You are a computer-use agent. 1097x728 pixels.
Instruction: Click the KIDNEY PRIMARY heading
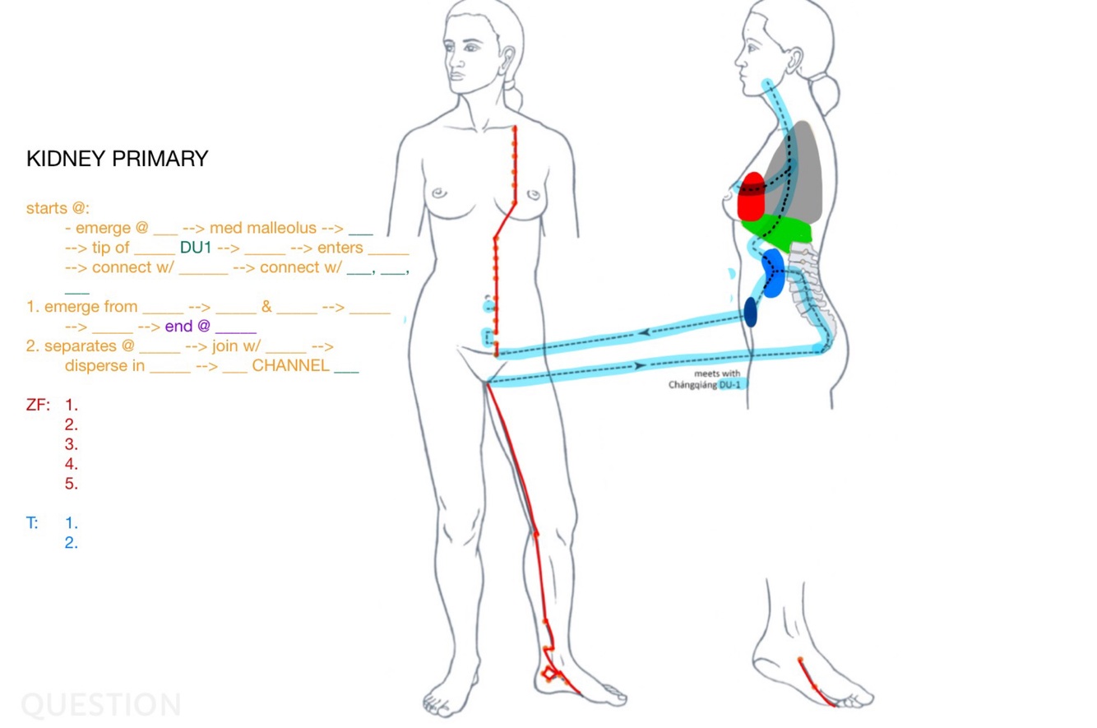(x=117, y=160)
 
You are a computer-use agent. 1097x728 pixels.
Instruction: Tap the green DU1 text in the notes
(x=196, y=248)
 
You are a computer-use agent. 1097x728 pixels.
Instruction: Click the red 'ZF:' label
(x=38, y=405)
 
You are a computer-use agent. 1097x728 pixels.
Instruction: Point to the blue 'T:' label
(x=32, y=522)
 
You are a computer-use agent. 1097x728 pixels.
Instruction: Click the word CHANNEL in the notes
(x=290, y=366)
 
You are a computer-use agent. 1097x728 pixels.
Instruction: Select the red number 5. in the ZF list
(x=72, y=484)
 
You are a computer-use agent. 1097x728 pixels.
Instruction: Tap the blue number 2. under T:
(x=72, y=542)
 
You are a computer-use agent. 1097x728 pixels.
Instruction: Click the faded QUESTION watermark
(x=100, y=705)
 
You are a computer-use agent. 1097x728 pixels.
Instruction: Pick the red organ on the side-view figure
(x=752, y=196)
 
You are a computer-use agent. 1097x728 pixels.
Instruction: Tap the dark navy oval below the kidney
(x=751, y=312)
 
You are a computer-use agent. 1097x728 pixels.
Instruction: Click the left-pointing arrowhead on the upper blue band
(x=644, y=332)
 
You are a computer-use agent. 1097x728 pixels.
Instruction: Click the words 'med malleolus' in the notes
(x=263, y=228)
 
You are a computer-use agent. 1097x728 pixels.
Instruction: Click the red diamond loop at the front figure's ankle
(x=548, y=675)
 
